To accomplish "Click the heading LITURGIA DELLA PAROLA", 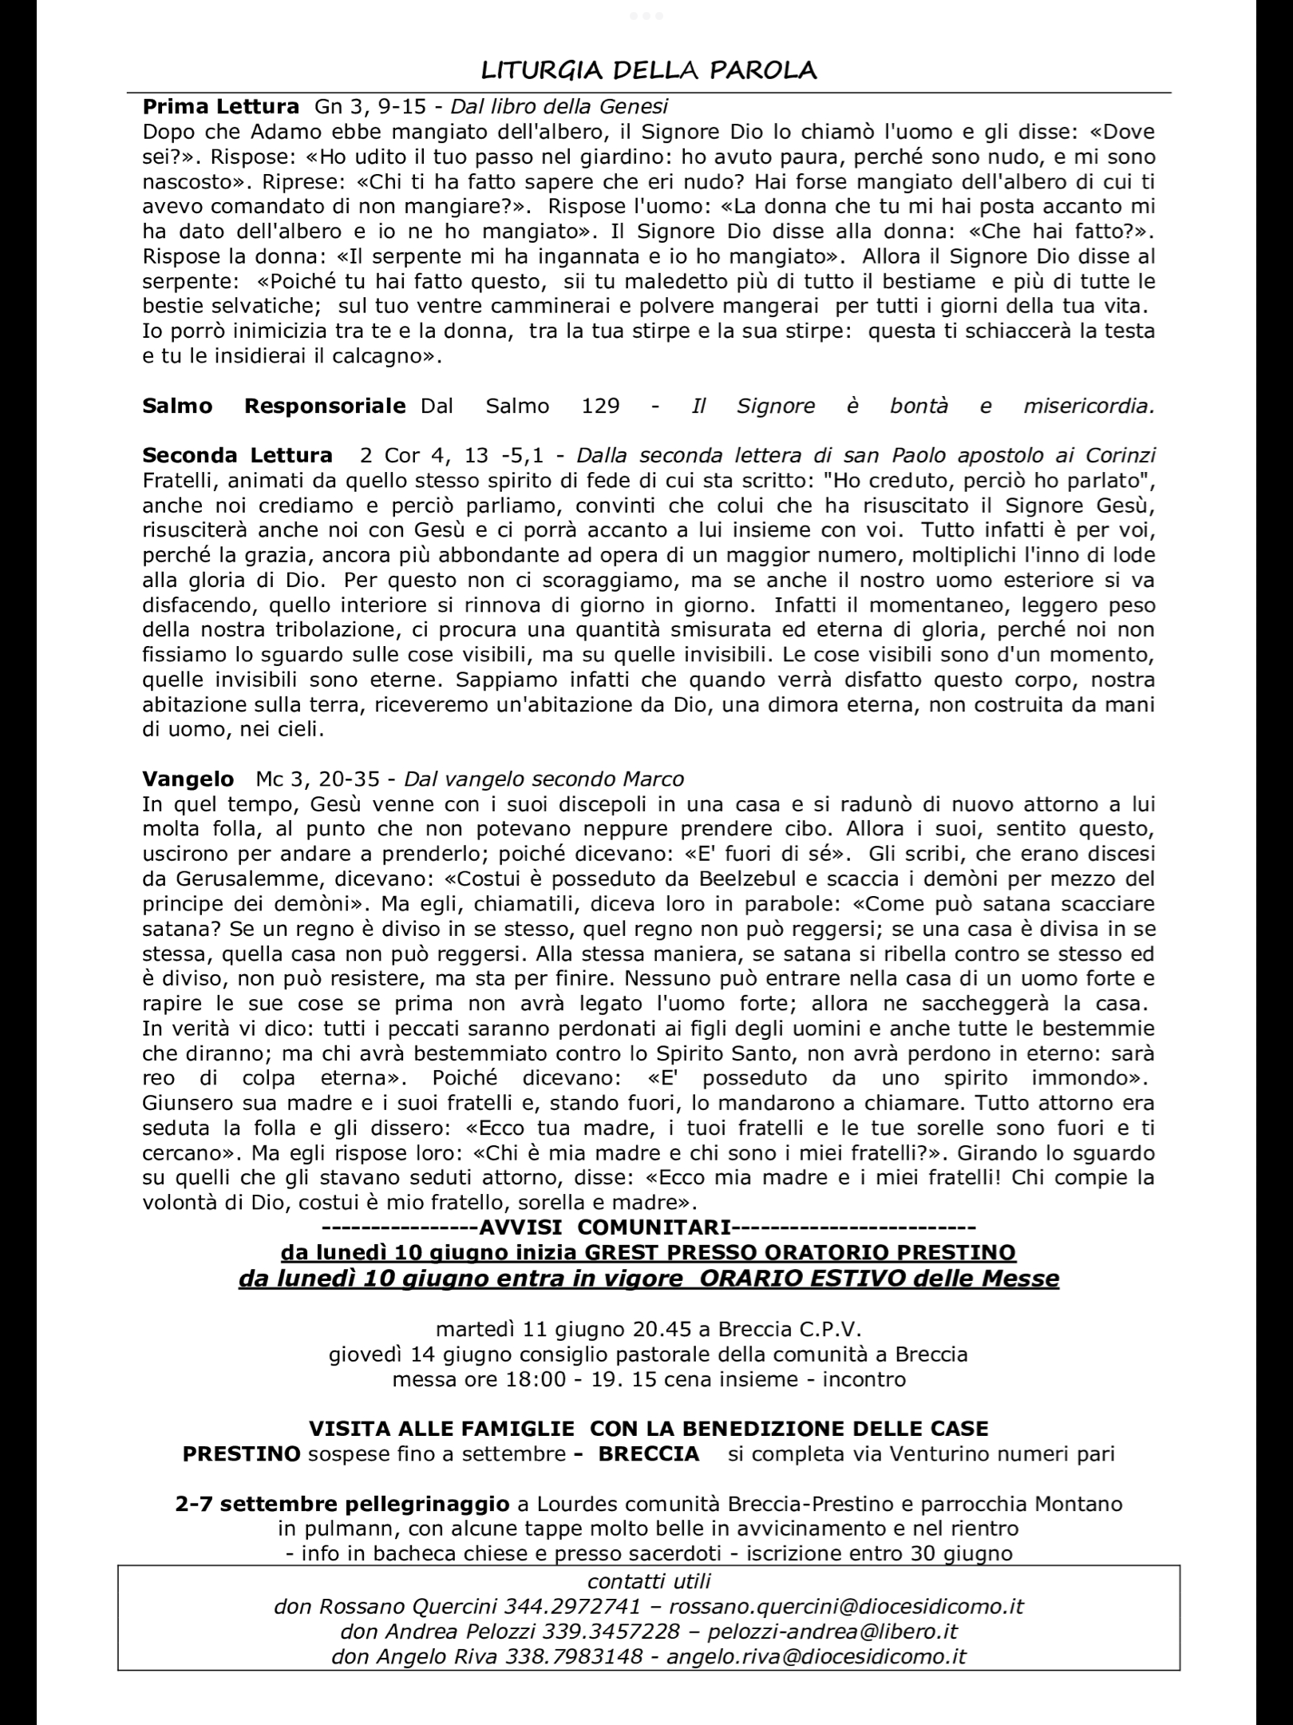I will point(648,71).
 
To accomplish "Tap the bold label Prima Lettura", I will point(220,106).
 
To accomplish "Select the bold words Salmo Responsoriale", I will point(274,406).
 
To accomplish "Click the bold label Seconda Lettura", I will point(237,455).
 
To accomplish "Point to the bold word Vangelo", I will point(188,779).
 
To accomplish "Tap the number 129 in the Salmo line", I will point(600,406).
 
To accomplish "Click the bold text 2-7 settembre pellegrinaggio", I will point(342,1504).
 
